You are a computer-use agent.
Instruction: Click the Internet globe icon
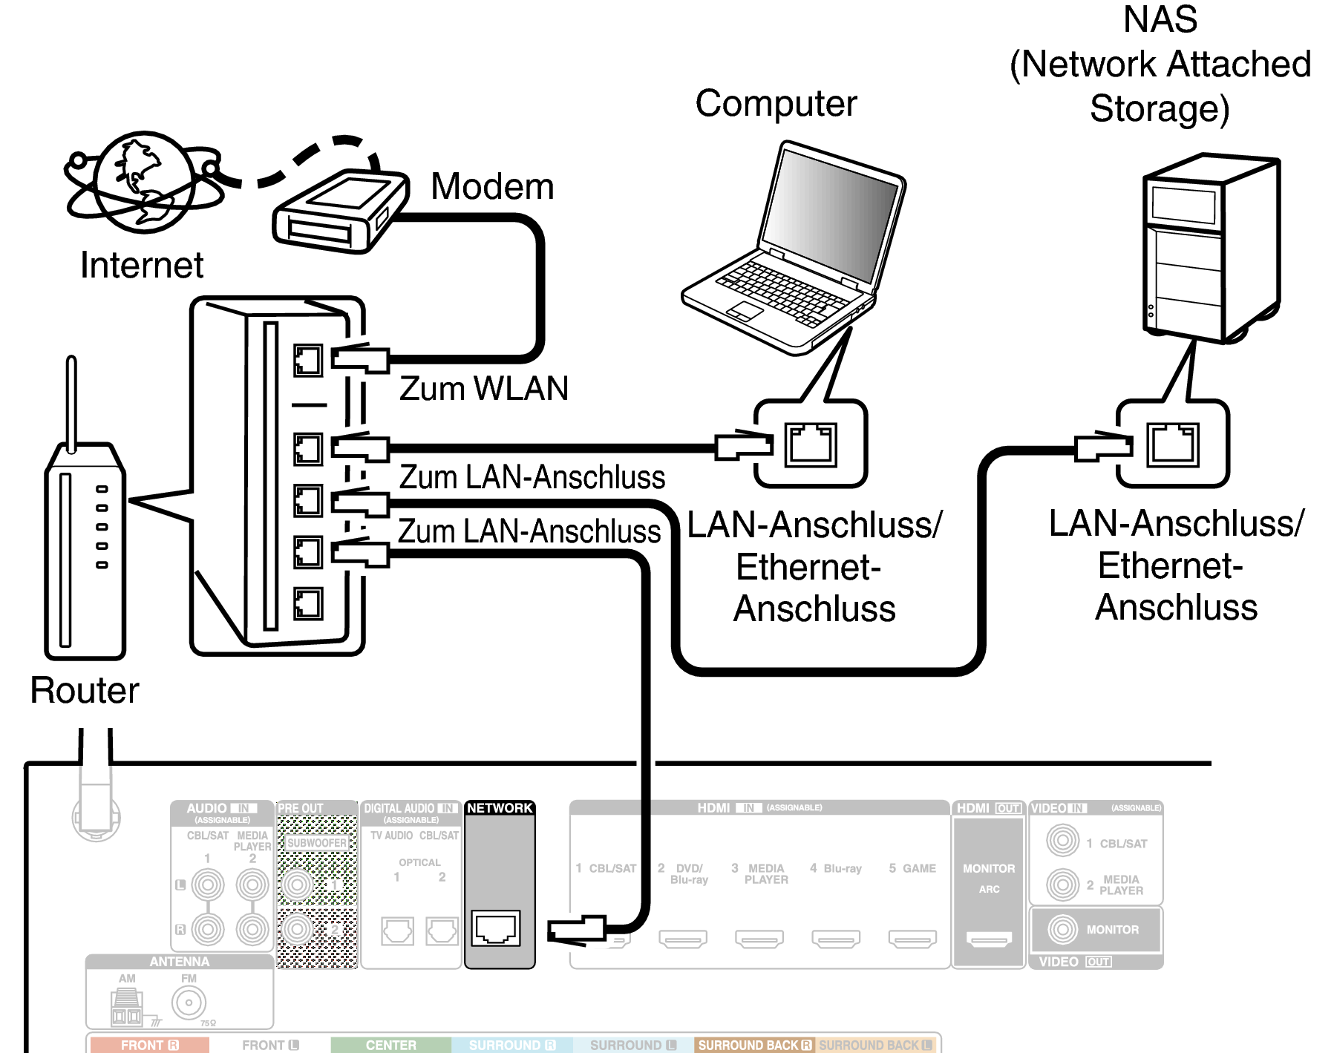tap(145, 183)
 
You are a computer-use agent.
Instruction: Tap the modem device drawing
tap(340, 211)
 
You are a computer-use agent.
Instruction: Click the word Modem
tap(492, 186)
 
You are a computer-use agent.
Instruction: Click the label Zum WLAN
tap(483, 388)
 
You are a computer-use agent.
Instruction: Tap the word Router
tap(85, 690)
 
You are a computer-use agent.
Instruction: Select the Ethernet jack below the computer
tap(811, 445)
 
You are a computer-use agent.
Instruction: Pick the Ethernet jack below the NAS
tap(1173, 445)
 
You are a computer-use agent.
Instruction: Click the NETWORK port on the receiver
tap(497, 928)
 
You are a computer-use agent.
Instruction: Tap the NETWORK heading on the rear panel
tap(500, 808)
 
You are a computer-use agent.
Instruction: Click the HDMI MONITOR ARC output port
tap(989, 939)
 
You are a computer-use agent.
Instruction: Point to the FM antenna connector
tap(189, 1003)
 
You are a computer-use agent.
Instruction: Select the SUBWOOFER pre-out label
tap(317, 843)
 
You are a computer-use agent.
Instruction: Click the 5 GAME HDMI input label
tap(912, 868)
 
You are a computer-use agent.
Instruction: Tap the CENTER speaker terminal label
tap(390, 1045)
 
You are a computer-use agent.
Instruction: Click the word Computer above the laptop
tap(776, 103)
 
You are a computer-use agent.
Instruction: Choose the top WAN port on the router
tap(307, 361)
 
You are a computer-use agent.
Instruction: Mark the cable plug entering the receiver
tap(576, 929)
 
